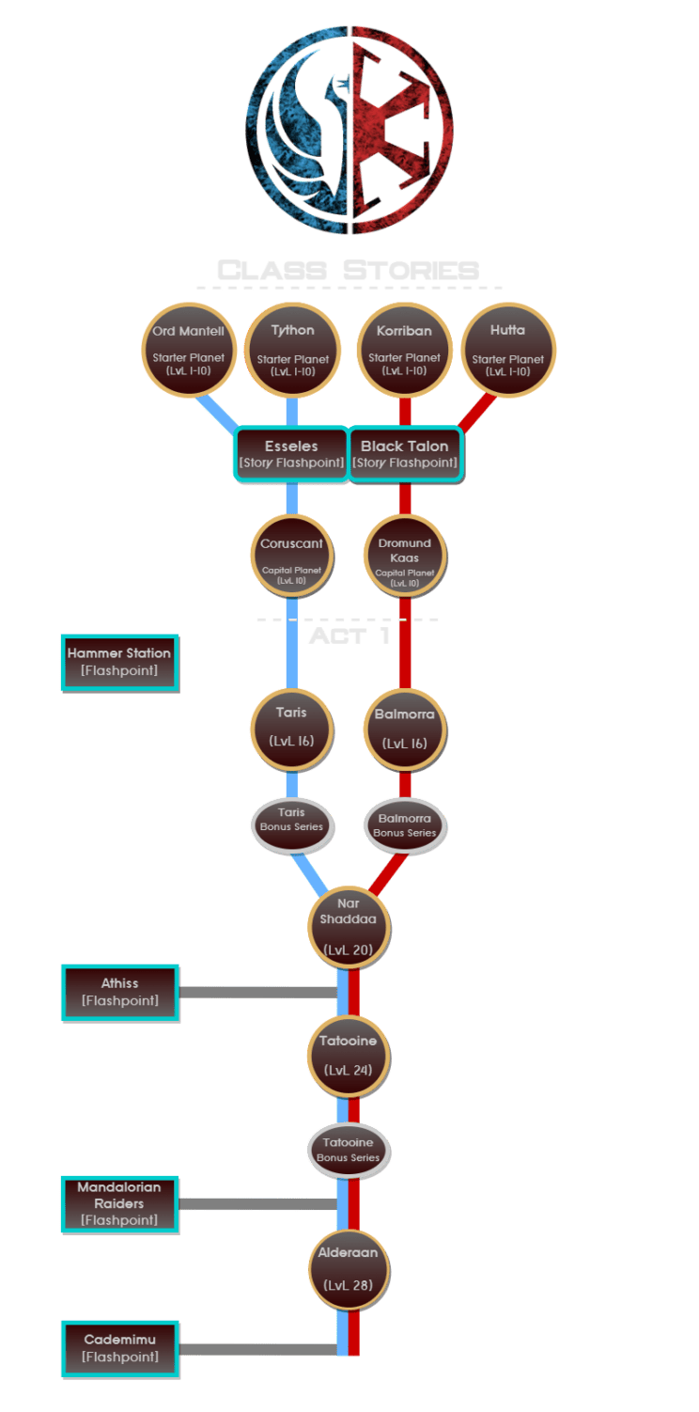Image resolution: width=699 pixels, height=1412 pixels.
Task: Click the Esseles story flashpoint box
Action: click(x=290, y=454)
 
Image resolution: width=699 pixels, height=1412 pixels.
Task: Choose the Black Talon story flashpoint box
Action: click(x=405, y=454)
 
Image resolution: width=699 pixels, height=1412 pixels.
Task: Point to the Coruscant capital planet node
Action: click(x=291, y=556)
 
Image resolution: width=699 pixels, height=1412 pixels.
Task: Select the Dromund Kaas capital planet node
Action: click(x=405, y=556)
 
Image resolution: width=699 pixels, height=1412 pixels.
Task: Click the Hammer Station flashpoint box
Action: click(x=119, y=662)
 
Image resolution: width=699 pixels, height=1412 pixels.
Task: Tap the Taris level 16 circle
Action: click(x=291, y=727)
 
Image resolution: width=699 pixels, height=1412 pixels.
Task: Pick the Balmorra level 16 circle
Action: click(x=405, y=727)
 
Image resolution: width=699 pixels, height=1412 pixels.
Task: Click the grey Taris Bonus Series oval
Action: click(x=291, y=821)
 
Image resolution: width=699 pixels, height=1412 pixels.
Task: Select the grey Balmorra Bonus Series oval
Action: click(x=405, y=823)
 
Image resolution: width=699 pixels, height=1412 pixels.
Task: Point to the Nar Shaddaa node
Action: click(x=349, y=927)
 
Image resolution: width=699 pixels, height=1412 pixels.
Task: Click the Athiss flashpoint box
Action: click(x=119, y=992)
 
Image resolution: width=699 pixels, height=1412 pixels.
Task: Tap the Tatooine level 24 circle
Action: click(x=349, y=1057)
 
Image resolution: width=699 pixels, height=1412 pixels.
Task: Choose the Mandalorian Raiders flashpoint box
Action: click(x=119, y=1203)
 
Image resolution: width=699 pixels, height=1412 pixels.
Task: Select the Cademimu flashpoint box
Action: click(x=119, y=1348)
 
